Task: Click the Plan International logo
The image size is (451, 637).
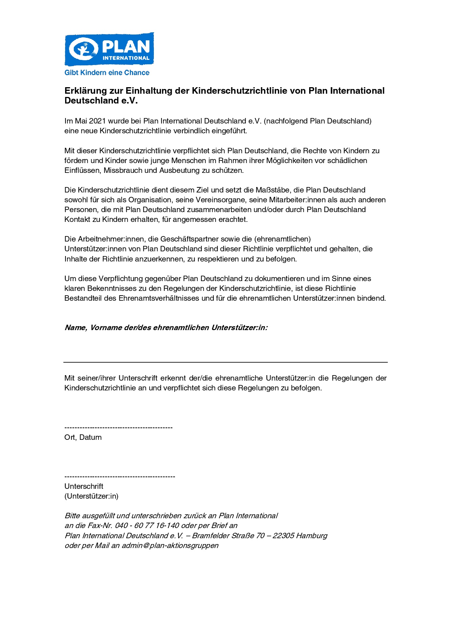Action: (109, 49)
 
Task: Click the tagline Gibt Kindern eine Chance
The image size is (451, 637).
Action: (107, 73)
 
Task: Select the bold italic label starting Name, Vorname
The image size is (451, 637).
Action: (166, 328)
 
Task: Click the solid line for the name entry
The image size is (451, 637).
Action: (225, 362)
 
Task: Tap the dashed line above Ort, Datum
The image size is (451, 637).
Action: (118, 428)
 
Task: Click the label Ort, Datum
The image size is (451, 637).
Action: (83, 437)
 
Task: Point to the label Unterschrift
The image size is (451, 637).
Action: (84, 486)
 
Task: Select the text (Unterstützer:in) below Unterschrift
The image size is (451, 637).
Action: (91, 496)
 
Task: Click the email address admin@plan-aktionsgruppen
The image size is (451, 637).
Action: (170, 545)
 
